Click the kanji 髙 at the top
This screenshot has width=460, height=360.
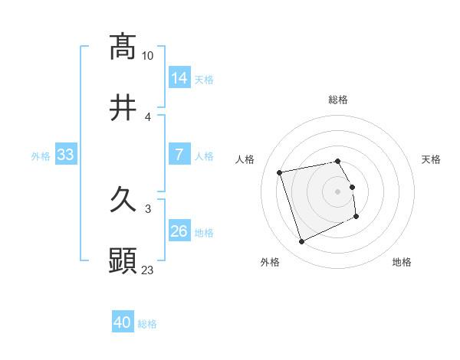coord(123,47)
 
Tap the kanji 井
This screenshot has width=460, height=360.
coord(123,108)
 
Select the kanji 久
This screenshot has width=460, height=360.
coord(123,200)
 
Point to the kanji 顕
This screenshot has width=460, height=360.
coord(123,261)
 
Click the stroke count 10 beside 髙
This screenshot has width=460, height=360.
coord(148,55)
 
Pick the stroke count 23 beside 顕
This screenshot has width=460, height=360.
coord(148,270)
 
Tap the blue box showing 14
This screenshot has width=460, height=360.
coord(179,77)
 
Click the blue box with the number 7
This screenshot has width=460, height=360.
coord(179,155)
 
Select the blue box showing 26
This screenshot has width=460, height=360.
coord(179,231)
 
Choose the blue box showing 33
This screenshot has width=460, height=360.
coord(66,155)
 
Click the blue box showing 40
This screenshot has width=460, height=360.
coord(123,322)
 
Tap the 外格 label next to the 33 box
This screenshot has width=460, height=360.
coord(41,155)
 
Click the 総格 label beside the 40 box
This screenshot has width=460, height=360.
coord(147,323)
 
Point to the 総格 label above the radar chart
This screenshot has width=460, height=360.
coord(338,100)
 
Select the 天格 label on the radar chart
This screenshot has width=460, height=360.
coord(431,159)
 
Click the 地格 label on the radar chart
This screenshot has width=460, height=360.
coord(402,262)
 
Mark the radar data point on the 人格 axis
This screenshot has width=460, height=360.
coord(280,172)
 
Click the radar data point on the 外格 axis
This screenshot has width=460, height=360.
coord(301,242)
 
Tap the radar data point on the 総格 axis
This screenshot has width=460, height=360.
coord(338,161)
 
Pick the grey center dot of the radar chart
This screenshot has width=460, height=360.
coord(338,191)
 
